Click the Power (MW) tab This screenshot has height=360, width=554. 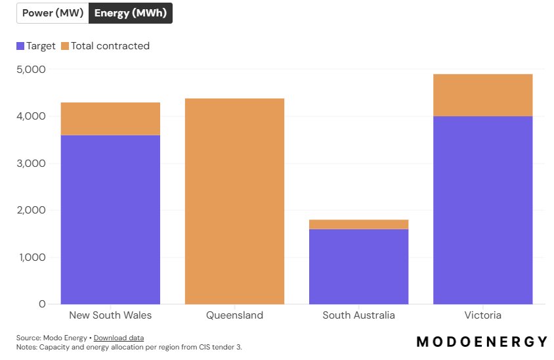tap(53, 13)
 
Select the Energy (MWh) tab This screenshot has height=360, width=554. tap(130, 13)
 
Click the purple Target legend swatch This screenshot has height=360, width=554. tap(20, 46)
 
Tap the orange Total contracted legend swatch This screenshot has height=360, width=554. tap(65, 46)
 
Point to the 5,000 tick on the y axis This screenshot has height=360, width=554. tap(31, 69)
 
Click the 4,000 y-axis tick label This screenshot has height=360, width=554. tap(31, 116)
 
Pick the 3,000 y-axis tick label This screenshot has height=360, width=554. tap(31, 163)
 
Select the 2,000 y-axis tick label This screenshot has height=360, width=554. tap(31, 210)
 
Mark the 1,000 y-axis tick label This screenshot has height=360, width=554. tap(31, 257)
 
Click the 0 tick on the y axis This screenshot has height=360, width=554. tap(42, 304)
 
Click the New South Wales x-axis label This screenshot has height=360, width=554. tap(110, 315)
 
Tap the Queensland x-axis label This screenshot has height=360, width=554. tap(234, 315)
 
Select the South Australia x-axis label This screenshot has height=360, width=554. tap(358, 315)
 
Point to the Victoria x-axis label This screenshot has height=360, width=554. tap(482, 315)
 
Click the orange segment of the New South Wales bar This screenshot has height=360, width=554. tap(110, 119)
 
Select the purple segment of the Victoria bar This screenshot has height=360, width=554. tap(482, 210)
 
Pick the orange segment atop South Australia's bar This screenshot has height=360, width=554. tap(358, 225)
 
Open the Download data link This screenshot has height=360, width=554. tap(119, 338)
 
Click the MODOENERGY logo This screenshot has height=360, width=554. tap(482, 342)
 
